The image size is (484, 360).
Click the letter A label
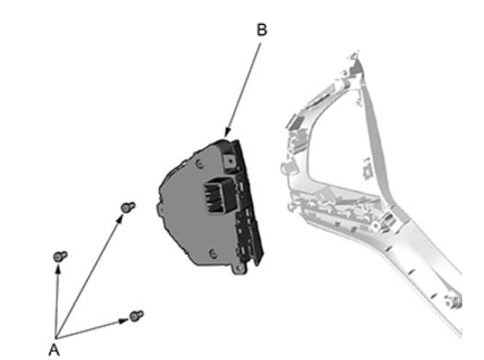(54, 350)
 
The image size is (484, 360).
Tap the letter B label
(262, 30)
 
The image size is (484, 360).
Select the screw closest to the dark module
(128, 207)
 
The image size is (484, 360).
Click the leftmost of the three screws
(60, 256)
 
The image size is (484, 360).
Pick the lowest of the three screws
(136, 316)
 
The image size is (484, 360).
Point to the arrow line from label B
(243, 89)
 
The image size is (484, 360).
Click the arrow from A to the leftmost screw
(57, 301)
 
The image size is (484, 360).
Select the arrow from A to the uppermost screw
(89, 276)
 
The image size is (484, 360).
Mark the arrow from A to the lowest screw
(92, 329)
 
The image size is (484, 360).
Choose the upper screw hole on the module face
(200, 164)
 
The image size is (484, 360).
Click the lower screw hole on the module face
(213, 254)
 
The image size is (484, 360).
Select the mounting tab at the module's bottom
(239, 269)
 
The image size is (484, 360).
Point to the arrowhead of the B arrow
(227, 133)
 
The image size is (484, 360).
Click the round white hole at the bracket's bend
(375, 226)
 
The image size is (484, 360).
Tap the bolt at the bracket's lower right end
(451, 302)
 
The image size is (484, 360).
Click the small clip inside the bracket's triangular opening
(367, 169)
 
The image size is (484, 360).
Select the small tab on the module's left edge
(160, 208)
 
